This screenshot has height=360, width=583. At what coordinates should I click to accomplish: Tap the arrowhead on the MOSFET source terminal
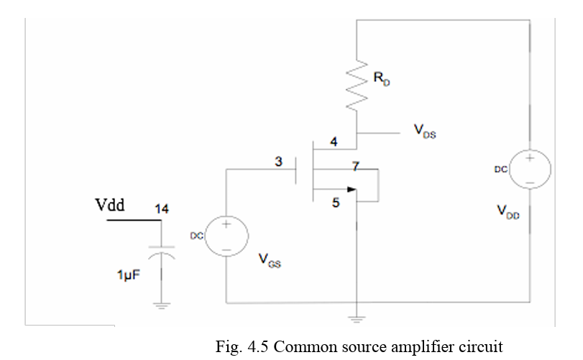click(x=351, y=190)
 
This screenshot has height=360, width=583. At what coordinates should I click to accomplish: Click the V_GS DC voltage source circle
click(x=226, y=236)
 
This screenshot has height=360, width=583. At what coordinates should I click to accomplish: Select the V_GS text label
click(x=269, y=262)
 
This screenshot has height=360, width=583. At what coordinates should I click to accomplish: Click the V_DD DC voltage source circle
click(x=529, y=170)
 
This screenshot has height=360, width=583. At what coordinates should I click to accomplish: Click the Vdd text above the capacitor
click(x=111, y=206)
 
